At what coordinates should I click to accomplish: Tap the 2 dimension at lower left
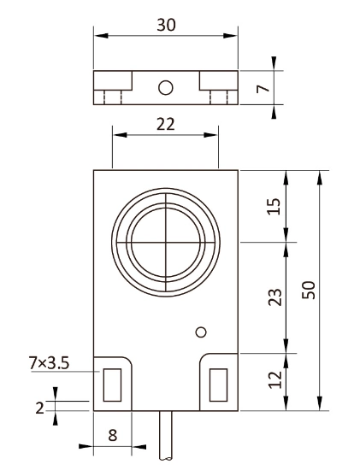click(40, 407)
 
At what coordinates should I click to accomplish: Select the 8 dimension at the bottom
click(113, 433)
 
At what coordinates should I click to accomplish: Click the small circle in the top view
click(166, 86)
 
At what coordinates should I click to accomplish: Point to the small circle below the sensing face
click(201, 332)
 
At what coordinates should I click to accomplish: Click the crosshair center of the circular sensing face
click(165, 242)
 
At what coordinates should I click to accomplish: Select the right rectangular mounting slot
click(219, 385)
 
